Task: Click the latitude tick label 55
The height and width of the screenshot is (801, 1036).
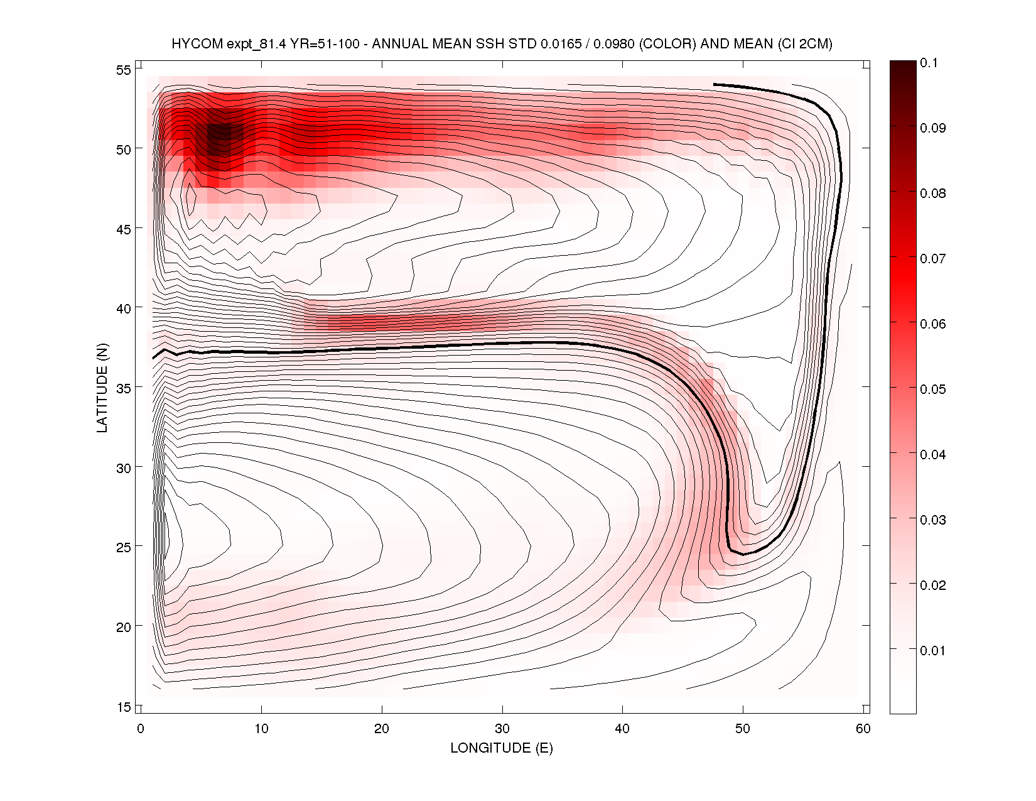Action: [123, 70]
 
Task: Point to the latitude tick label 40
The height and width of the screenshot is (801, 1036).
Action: [123, 308]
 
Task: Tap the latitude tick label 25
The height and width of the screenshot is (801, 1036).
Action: [123, 547]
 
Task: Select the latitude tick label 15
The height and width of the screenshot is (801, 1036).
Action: [123, 707]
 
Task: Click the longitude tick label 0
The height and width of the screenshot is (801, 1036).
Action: [141, 729]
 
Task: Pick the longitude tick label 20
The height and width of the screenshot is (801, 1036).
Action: [381, 729]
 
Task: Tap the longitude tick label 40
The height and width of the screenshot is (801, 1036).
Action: [622, 729]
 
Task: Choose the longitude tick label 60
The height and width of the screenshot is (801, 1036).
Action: [863, 729]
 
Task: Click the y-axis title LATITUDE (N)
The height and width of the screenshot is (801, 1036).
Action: [102, 388]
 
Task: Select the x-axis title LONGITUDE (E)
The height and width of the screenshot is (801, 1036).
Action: [502, 748]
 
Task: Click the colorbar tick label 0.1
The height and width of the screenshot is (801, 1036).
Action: [929, 63]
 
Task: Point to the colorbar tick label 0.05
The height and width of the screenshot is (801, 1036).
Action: [932, 390]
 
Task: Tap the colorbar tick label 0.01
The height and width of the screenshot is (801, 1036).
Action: [932, 651]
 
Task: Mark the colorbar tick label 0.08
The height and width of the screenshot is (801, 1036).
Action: [932, 193]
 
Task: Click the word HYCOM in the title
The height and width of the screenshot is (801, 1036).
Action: [197, 44]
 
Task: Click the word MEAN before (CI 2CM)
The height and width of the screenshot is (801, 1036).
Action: [754, 44]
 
